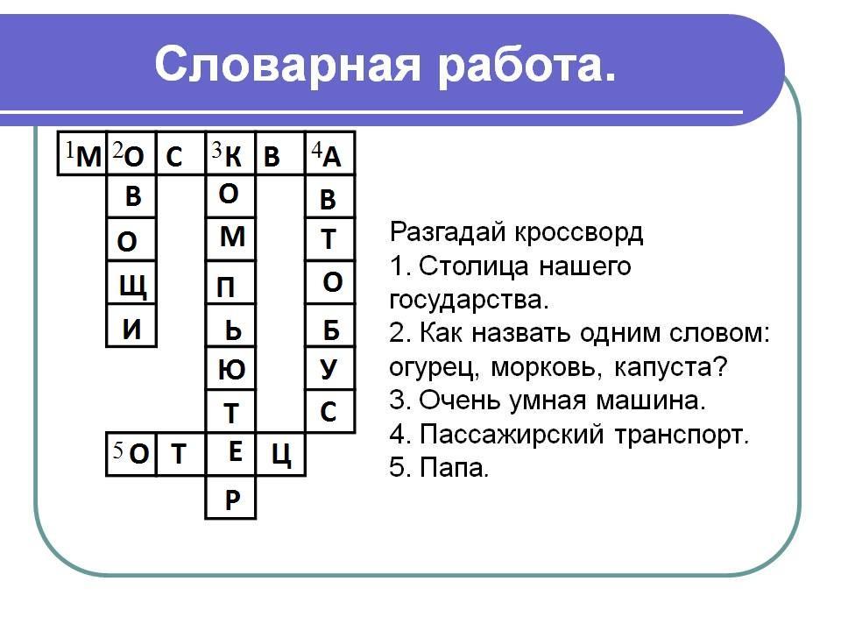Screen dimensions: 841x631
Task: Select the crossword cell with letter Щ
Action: coord(131,283)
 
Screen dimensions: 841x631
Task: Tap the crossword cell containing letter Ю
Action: coord(230,369)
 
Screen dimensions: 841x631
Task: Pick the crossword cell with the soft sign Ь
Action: coord(230,326)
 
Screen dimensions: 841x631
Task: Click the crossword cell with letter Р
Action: coord(230,498)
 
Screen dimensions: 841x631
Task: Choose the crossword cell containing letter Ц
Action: coord(280,455)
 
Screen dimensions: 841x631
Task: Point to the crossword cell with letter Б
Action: coord(330,326)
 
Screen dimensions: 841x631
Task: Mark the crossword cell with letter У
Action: coord(330,369)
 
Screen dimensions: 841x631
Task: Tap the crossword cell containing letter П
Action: coord(230,283)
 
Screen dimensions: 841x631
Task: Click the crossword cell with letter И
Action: coord(131,326)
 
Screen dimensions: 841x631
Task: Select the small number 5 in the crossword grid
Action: coord(118,449)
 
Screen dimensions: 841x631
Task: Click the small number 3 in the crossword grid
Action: coord(216,149)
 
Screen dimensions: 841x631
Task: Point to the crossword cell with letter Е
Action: coord(230,455)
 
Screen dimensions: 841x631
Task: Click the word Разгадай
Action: coord(448,233)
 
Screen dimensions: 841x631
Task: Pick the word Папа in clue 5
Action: coord(454,468)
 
